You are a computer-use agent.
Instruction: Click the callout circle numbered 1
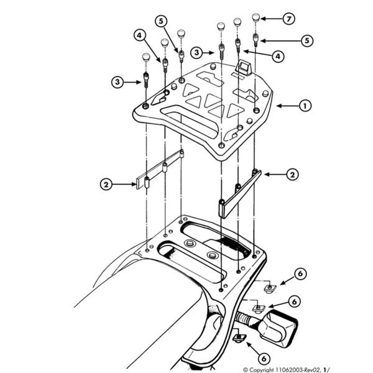305,106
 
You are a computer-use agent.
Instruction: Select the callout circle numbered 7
289,19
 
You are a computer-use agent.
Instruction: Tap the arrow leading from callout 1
287,106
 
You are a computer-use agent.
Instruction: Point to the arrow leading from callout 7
272,19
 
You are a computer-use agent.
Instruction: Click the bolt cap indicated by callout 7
256,18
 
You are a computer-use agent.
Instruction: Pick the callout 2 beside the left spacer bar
106,185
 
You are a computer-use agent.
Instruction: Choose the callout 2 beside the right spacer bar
292,175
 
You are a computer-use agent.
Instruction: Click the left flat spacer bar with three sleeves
160,169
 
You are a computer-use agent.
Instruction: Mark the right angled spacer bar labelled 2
239,193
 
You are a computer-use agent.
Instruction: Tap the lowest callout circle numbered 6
264,358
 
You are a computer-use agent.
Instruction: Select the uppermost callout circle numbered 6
300,274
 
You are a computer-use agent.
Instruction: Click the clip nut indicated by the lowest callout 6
239,338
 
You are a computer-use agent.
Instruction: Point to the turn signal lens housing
278,328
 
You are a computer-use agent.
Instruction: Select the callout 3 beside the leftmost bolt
117,82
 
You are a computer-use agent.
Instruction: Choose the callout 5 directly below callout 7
307,40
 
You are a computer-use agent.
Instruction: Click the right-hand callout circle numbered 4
278,57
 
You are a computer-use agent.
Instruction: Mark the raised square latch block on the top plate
243,68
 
